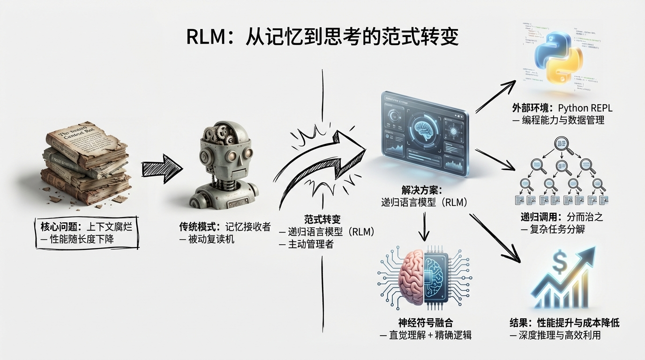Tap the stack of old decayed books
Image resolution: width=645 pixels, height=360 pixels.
[87, 166]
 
